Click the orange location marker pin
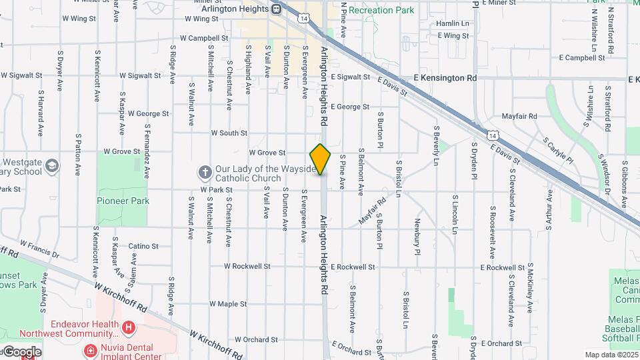tap(321, 159)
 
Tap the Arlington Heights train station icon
tap(276, 9)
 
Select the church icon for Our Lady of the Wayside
tap(205, 173)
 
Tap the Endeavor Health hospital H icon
tap(129, 328)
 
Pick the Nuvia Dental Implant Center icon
tap(89, 350)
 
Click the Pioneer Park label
tap(122, 200)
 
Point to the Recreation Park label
tap(381, 10)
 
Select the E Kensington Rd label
tap(445, 78)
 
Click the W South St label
tap(229, 133)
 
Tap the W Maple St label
tap(228, 304)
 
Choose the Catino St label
tap(143, 246)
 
